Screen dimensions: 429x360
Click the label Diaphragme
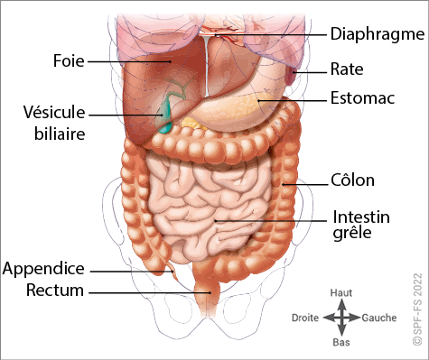[378, 34]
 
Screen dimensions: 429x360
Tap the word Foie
[69, 60]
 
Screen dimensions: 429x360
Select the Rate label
[347, 69]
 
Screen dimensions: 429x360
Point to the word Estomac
[362, 97]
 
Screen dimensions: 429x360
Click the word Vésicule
[54, 112]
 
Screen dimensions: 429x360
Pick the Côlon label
[352, 180]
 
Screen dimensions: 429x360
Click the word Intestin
[361, 217]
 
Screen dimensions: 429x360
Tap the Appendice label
[43, 269]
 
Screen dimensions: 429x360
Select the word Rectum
[55, 291]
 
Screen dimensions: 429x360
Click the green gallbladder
[164, 115]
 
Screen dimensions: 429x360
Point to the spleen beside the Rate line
[291, 75]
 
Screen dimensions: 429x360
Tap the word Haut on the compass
[341, 292]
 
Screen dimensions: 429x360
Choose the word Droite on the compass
[305, 318]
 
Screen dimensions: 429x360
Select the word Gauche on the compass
[379, 318]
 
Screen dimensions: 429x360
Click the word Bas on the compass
[341, 342]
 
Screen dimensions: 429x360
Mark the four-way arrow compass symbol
[341, 318]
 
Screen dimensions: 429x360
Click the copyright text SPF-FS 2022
[418, 309]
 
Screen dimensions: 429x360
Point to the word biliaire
[60, 134]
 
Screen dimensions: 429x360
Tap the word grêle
[352, 233]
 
